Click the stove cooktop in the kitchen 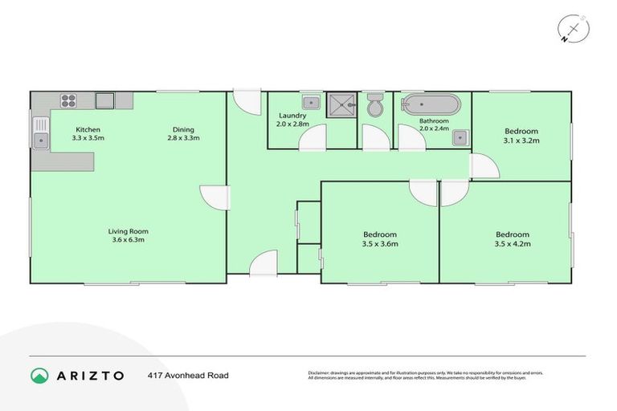click(68, 101)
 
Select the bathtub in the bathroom click(432, 105)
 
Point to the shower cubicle click(342, 106)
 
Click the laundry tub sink click(310, 102)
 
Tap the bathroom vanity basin click(459, 136)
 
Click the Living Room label click(129, 231)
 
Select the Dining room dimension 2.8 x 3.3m click(183, 139)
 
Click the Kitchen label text click(88, 130)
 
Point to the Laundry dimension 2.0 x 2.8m click(292, 124)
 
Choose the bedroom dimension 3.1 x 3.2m click(521, 140)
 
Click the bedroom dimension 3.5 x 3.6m click(380, 244)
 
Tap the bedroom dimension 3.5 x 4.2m click(512, 244)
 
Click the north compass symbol click(573, 29)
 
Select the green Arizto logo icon click(39, 375)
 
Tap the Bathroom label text click(434, 121)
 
